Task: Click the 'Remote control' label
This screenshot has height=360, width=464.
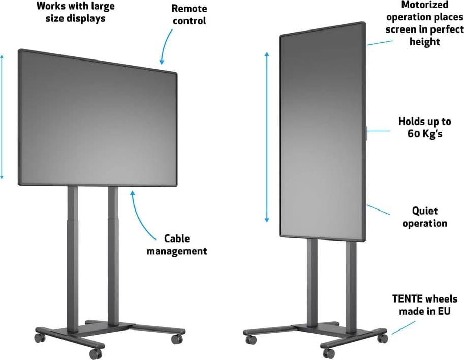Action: click(x=189, y=15)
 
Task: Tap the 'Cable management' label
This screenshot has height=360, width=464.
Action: click(x=177, y=244)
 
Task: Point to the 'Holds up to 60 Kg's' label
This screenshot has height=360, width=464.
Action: click(x=424, y=128)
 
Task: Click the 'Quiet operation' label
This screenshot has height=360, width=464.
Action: click(x=424, y=217)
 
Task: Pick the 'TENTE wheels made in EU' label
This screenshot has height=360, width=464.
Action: click(x=424, y=305)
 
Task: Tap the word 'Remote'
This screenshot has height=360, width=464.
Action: click(x=189, y=9)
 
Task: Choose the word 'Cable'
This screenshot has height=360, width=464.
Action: click(x=177, y=238)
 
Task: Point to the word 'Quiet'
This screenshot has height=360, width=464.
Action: click(x=424, y=211)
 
